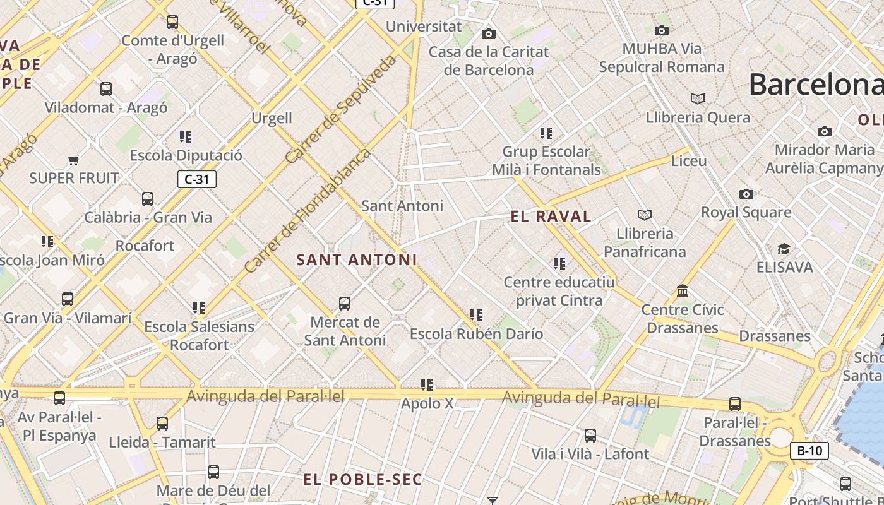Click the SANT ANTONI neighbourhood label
(357, 259)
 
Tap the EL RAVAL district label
(551, 217)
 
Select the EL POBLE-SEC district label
(362, 479)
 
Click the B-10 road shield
(809, 450)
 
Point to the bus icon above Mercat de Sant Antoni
(345, 304)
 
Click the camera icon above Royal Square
(746, 194)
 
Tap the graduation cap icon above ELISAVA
(784, 249)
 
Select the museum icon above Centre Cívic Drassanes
(683, 291)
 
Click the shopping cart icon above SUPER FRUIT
(74, 160)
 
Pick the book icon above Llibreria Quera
(698, 98)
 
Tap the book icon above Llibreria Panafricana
(644, 215)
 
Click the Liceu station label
(689, 160)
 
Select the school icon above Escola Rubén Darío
(476, 314)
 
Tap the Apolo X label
(427, 403)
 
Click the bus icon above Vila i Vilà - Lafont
(590, 435)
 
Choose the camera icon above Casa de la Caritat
(488, 33)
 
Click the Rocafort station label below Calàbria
(145, 245)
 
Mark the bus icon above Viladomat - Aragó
(106, 89)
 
